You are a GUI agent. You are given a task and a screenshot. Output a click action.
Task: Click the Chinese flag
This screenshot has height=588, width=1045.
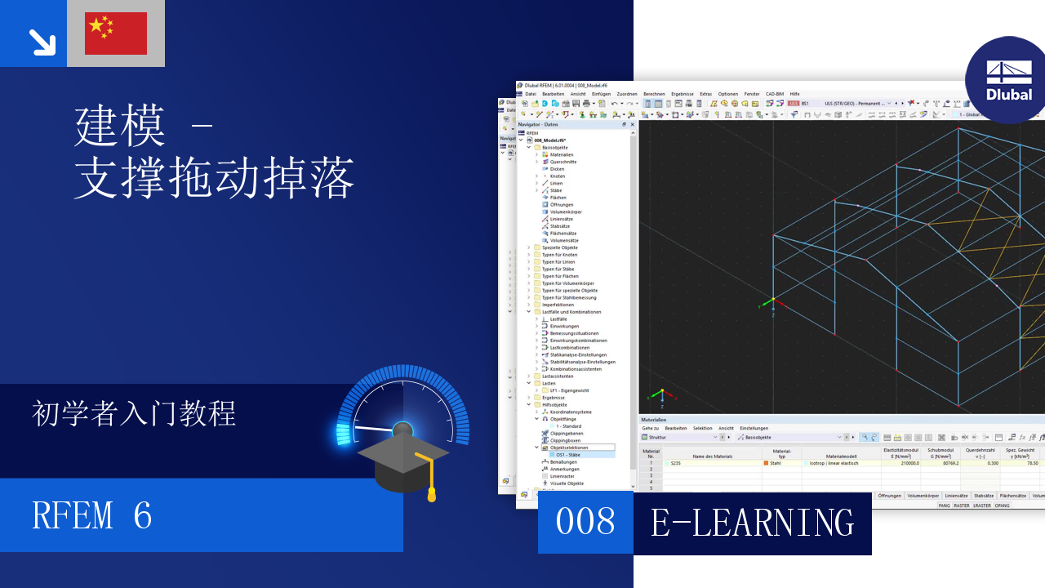coord(115,33)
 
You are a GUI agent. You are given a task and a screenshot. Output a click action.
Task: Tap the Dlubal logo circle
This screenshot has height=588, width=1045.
coord(1008,80)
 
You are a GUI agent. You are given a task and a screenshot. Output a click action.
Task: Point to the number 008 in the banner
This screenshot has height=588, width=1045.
coord(585,521)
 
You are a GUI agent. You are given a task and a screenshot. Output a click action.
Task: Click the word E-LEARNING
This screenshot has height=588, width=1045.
coord(752,522)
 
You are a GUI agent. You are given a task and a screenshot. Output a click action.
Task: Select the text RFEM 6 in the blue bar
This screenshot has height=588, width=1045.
coord(92,516)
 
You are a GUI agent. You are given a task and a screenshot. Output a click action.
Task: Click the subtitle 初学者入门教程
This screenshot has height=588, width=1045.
coord(134,414)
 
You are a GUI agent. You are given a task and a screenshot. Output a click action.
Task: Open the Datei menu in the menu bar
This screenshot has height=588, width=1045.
coord(531,94)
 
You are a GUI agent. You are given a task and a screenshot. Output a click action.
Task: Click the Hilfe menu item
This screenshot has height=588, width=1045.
coord(794,94)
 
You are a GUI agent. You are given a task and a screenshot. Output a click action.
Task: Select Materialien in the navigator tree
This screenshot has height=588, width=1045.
coord(561,154)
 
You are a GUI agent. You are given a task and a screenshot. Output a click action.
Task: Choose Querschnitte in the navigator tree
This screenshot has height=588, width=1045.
coord(563,162)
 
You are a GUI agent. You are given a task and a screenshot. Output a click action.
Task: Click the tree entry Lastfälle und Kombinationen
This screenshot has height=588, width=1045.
coord(571,312)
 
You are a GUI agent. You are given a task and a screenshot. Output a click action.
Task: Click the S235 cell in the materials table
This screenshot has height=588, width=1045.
coord(676,463)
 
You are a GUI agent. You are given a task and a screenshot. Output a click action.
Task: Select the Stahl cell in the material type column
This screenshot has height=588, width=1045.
coord(775,463)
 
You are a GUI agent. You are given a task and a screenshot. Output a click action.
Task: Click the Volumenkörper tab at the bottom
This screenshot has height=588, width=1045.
coord(923,496)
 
